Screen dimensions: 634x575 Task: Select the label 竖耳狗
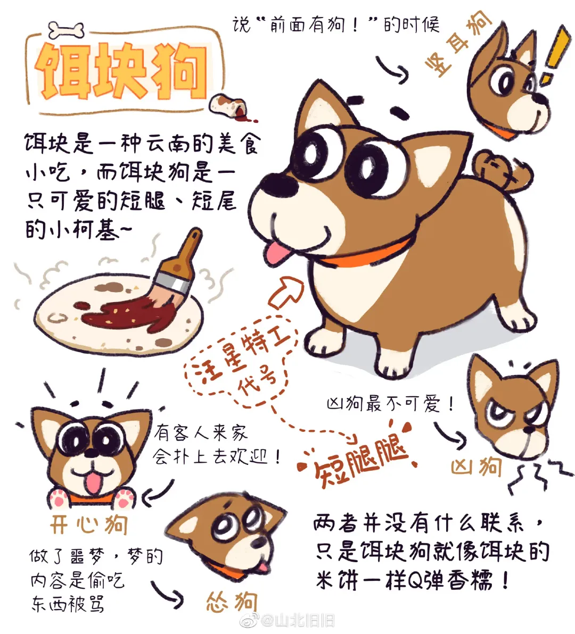click(458, 47)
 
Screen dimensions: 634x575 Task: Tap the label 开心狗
click(88, 524)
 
